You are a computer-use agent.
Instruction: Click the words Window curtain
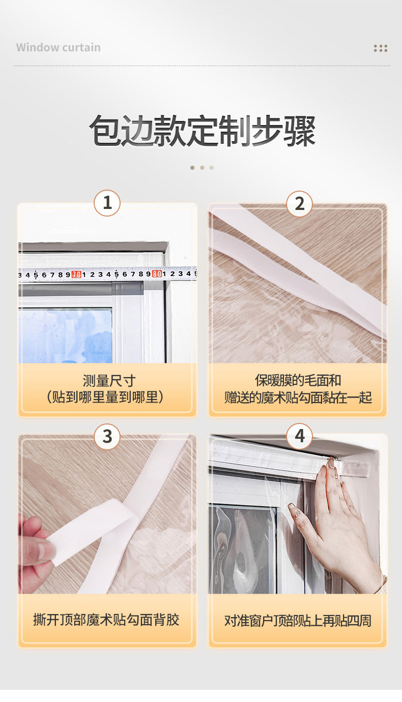[x=59, y=47]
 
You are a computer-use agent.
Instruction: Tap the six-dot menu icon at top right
[x=380, y=48]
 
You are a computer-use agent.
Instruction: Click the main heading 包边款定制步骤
[x=202, y=131]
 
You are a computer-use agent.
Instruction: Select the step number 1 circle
[x=107, y=203]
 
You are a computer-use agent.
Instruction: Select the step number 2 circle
[x=299, y=204]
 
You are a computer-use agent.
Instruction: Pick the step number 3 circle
[x=107, y=437]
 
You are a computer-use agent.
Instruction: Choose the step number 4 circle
[x=299, y=436]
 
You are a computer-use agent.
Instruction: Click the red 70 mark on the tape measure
[x=76, y=274]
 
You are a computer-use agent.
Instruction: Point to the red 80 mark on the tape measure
[x=157, y=273]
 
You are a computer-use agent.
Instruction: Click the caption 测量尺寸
[x=109, y=381]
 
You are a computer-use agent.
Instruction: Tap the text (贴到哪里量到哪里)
[x=105, y=397]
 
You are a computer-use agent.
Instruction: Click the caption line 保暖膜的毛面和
[x=298, y=380]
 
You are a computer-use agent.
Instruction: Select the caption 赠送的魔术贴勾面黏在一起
[x=298, y=398]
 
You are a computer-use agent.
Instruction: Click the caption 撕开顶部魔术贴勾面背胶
[x=106, y=620]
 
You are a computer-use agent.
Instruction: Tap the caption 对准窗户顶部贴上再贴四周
[x=298, y=621]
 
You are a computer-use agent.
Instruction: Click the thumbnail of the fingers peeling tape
[x=107, y=514]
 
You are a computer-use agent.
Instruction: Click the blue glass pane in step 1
[x=65, y=335]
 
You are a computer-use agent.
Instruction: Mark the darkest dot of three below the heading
[x=192, y=168]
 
